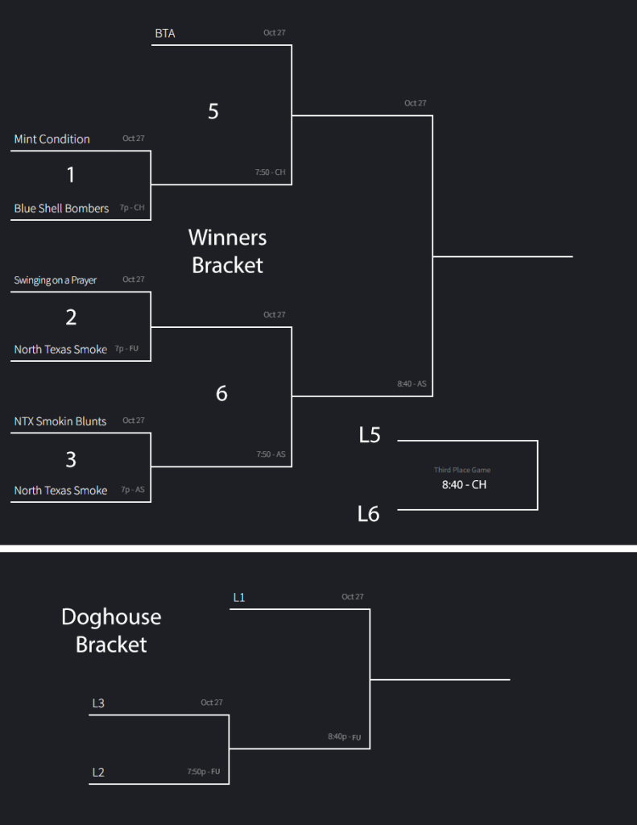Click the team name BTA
pyautogui.click(x=165, y=34)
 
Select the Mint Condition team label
pyautogui.click(x=52, y=139)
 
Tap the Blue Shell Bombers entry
pyautogui.click(x=61, y=209)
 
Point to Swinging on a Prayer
pyautogui.click(x=55, y=280)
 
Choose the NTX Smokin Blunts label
pyautogui.click(x=60, y=421)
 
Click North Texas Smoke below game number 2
pyautogui.click(x=60, y=350)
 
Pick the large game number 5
pyautogui.click(x=213, y=111)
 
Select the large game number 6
pyautogui.click(x=221, y=393)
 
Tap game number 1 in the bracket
pyautogui.click(x=71, y=175)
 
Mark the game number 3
pyautogui.click(x=71, y=459)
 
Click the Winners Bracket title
pyautogui.click(x=227, y=251)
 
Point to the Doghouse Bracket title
pyautogui.click(x=111, y=631)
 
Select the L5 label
pyautogui.click(x=370, y=436)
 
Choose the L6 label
pyautogui.click(x=369, y=513)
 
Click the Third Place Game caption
pyautogui.click(x=462, y=470)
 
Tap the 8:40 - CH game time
pyautogui.click(x=464, y=485)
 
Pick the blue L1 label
pyautogui.click(x=239, y=598)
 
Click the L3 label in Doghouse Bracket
pyautogui.click(x=98, y=703)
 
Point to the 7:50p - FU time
pyautogui.click(x=203, y=772)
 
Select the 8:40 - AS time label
pyautogui.click(x=412, y=384)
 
